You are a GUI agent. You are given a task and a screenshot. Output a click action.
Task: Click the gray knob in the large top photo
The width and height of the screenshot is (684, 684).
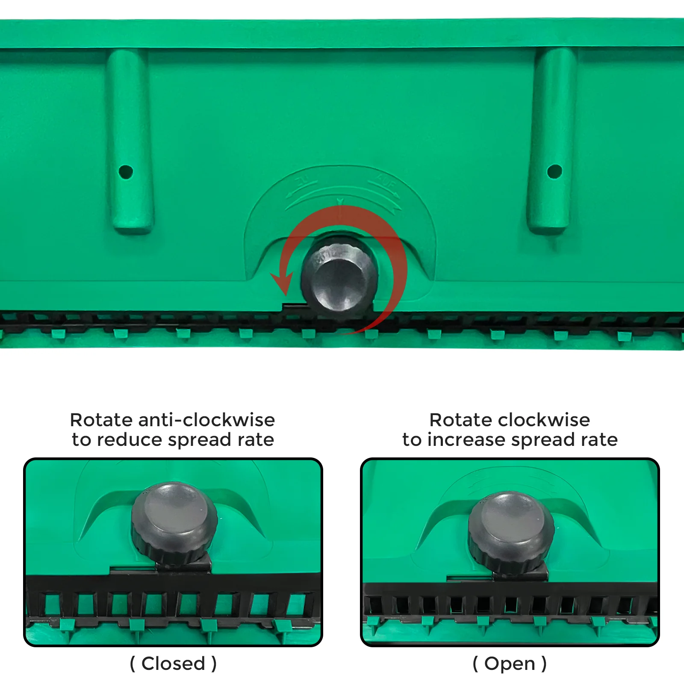point(340,276)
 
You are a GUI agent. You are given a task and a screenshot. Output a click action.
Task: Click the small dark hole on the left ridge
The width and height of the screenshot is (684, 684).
point(126,172)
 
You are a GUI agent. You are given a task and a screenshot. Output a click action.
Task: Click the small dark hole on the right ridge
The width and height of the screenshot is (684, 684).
point(554,171)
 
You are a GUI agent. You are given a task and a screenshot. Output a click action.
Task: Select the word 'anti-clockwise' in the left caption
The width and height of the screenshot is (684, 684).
point(206,420)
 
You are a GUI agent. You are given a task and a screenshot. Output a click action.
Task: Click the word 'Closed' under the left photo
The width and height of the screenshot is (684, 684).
point(173,663)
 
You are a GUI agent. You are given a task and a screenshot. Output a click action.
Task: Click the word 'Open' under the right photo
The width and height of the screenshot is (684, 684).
point(510,663)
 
